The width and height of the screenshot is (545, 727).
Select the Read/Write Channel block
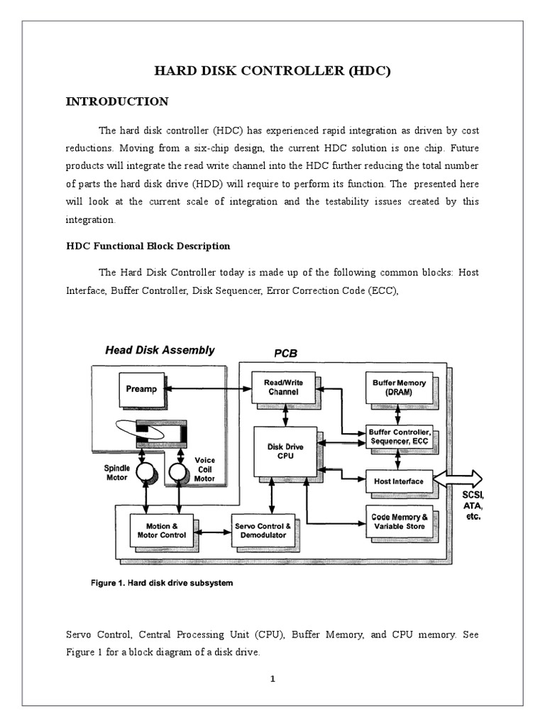(x=283, y=387)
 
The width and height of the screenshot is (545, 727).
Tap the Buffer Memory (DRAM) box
(x=399, y=387)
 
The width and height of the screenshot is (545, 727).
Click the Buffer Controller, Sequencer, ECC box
(x=400, y=436)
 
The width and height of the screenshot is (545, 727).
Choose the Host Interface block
(x=398, y=481)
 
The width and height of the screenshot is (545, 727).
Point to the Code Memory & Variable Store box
(x=399, y=522)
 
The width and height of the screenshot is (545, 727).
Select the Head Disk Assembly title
(x=160, y=350)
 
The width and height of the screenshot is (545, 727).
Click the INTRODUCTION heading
(x=117, y=102)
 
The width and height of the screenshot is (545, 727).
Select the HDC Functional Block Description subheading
(x=148, y=246)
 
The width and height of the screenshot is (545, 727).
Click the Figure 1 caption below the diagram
(x=162, y=584)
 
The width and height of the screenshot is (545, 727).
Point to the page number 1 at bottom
(x=272, y=679)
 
